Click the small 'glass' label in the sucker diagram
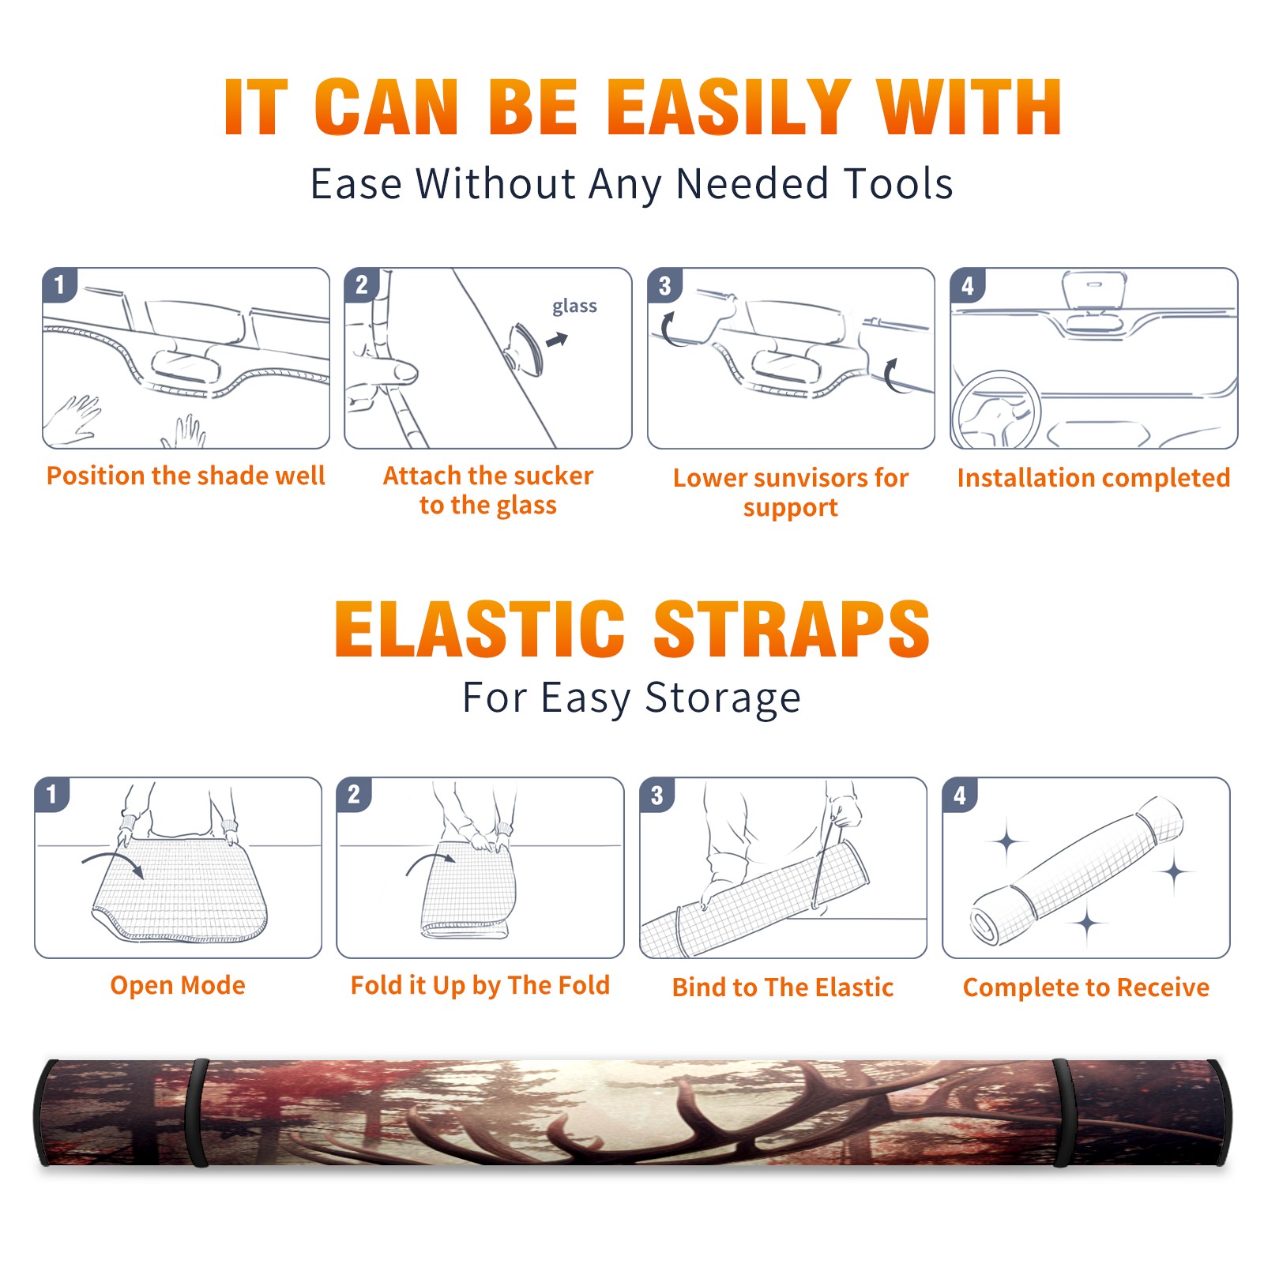(x=574, y=307)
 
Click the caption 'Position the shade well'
(x=186, y=476)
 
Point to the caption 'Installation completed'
(x=1093, y=477)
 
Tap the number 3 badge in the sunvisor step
(x=664, y=285)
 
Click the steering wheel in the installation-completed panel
(x=996, y=410)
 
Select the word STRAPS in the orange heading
(x=792, y=629)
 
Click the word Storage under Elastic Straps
(x=723, y=698)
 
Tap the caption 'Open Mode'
(x=178, y=985)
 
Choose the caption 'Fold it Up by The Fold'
(x=480, y=985)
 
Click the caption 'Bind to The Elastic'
(x=783, y=987)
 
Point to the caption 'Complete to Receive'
(x=1086, y=987)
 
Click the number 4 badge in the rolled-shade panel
(x=960, y=795)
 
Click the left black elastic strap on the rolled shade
(x=196, y=1112)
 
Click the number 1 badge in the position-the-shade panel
(x=59, y=284)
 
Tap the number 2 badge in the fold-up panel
(x=354, y=794)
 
